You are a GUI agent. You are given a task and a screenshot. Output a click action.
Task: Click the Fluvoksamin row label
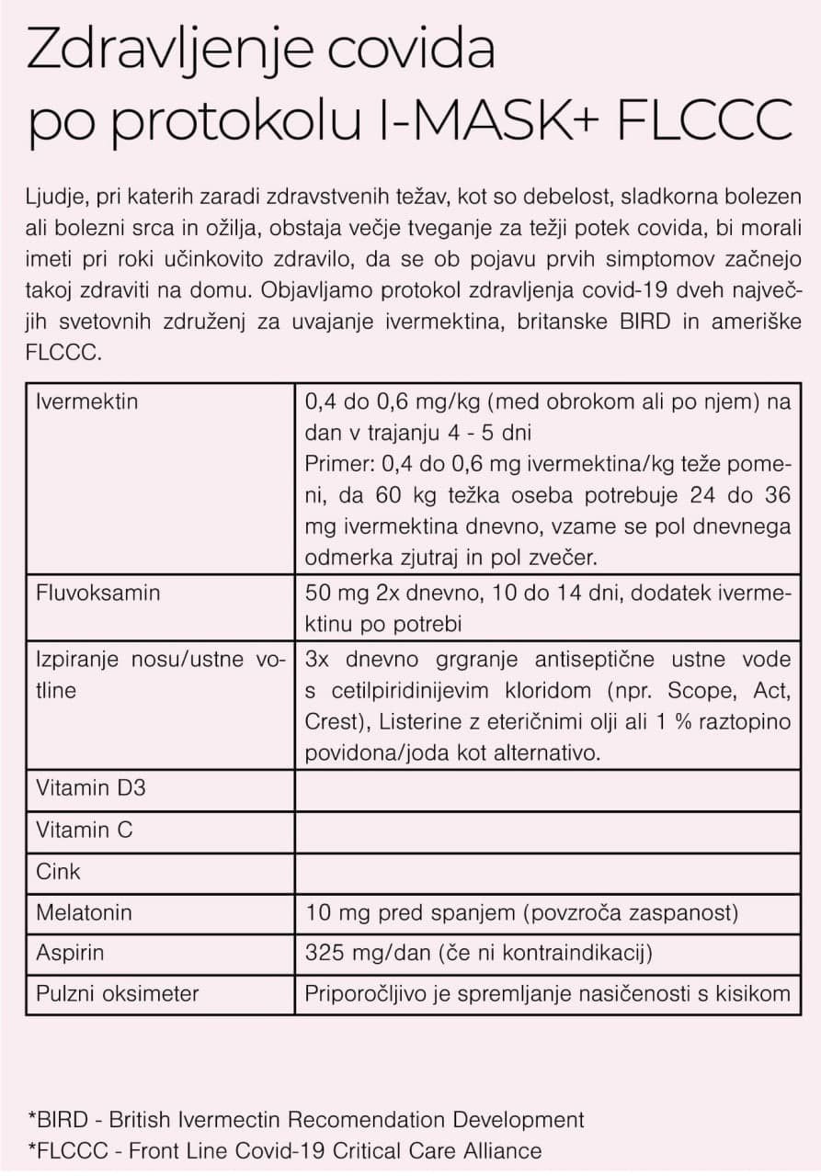pos(97,593)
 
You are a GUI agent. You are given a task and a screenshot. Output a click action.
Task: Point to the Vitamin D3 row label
pos(90,788)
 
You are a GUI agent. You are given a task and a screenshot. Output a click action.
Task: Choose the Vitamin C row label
pos(85,830)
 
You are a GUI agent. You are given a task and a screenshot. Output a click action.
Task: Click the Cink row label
pos(59,871)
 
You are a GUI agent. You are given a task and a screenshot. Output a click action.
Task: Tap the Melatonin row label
pos(84,912)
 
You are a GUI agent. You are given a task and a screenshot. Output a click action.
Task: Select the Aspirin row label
pos(70,953)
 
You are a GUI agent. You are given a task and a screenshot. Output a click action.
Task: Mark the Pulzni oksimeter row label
pos(117,993)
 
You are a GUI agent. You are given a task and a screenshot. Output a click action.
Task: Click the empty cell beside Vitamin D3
pos(548,789)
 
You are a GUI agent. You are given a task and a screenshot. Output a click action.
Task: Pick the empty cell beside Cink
pos(548,871)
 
